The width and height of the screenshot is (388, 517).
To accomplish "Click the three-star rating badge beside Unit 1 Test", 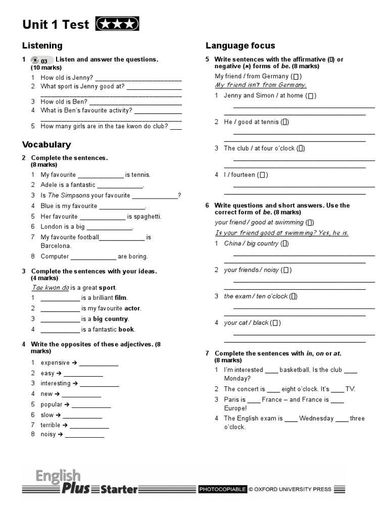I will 117,24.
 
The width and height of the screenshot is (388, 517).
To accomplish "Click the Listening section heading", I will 42,45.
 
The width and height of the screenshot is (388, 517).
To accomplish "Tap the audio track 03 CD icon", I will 41,60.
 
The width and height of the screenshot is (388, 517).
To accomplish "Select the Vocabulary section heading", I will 46,144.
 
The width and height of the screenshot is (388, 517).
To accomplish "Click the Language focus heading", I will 240,45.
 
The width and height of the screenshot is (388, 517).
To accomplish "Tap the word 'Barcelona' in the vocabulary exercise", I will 56,246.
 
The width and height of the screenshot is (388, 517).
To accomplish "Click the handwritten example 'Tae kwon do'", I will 50,288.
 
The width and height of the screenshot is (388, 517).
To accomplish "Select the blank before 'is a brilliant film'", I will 60,298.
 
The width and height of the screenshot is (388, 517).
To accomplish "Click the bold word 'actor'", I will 133,308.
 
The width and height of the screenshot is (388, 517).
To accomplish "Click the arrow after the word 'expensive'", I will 74,363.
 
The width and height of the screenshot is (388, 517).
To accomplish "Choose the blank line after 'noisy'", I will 84,435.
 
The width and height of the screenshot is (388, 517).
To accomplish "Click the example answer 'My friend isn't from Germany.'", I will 261,85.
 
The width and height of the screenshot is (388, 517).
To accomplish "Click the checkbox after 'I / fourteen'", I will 262,175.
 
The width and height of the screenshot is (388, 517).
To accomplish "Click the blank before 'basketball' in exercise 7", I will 271,370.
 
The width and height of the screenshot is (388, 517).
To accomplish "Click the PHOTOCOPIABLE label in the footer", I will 222,489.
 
